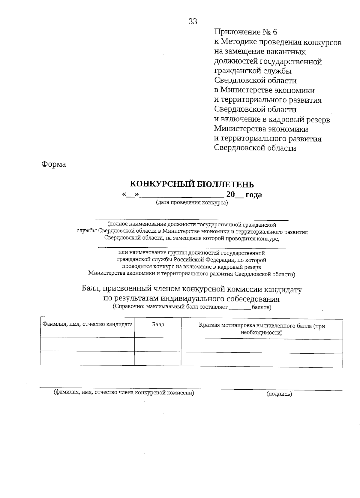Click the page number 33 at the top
click(193, 21)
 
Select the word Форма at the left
click(53, 164)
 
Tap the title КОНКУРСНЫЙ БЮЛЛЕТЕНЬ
click(191, 184)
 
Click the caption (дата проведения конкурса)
click(192, 202)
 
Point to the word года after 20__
click(253, 195)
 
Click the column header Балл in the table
click(158, 325)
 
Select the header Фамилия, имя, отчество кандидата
click(87, 324)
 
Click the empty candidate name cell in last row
click(87, 358)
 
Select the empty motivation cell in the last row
click(262, 358)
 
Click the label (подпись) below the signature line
click(279, 394)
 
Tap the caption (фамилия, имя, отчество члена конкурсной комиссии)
click(124, 392)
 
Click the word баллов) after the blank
click(262, 307)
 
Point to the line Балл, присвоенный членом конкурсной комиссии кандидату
click(192, 289)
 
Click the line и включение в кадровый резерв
click(272, 119)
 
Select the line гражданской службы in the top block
click(253, 71)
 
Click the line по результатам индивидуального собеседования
click(191, 299)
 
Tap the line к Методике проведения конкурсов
click(277, 42)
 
